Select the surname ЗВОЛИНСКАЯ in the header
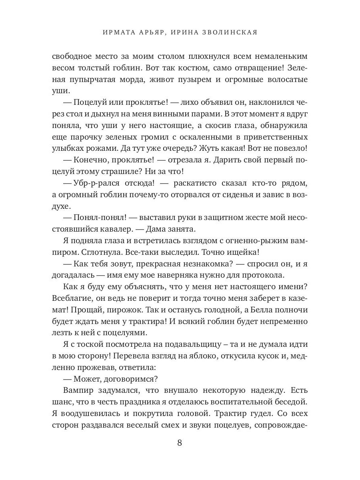coord(230,32)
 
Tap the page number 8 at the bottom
coord(180,443)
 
